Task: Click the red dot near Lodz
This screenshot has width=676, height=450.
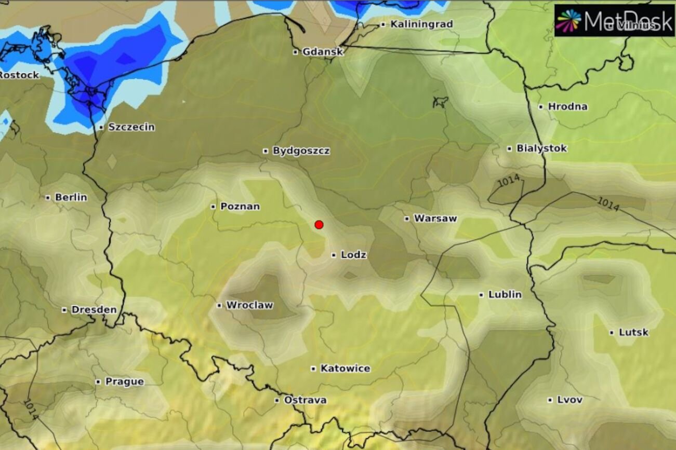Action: click(x=319, y=224)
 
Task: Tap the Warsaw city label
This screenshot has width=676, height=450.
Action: click(x=435, y=219)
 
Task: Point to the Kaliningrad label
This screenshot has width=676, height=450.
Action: click(x=421, y=24)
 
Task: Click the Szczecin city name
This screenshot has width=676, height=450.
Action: click(x=131, y=127)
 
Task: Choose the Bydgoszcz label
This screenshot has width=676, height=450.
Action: click(x=301, y=151)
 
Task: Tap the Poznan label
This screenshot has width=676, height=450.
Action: click(x=240, y=207)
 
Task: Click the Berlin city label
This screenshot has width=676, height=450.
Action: click(x=71, y=198)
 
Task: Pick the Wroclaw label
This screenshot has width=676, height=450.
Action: click(x=249, y=305)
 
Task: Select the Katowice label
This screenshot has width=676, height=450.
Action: click(x=345, y=369)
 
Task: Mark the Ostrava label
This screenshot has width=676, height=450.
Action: click(x=305, y=400)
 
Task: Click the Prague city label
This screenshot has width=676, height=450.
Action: click(x=124, y=382)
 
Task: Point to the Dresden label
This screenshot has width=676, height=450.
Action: click(x=94, y=310)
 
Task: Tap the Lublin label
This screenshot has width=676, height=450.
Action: click(x=505, y=295)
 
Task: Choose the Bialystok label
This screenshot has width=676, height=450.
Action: click(x=541, y=148)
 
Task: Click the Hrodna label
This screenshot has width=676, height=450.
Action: click(x=567, y=106)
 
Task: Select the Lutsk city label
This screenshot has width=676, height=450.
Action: click(x=633, y=332)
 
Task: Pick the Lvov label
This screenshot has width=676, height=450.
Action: click(x=569, y=400)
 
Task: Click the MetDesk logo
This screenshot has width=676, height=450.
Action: click(x=614, y=21)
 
